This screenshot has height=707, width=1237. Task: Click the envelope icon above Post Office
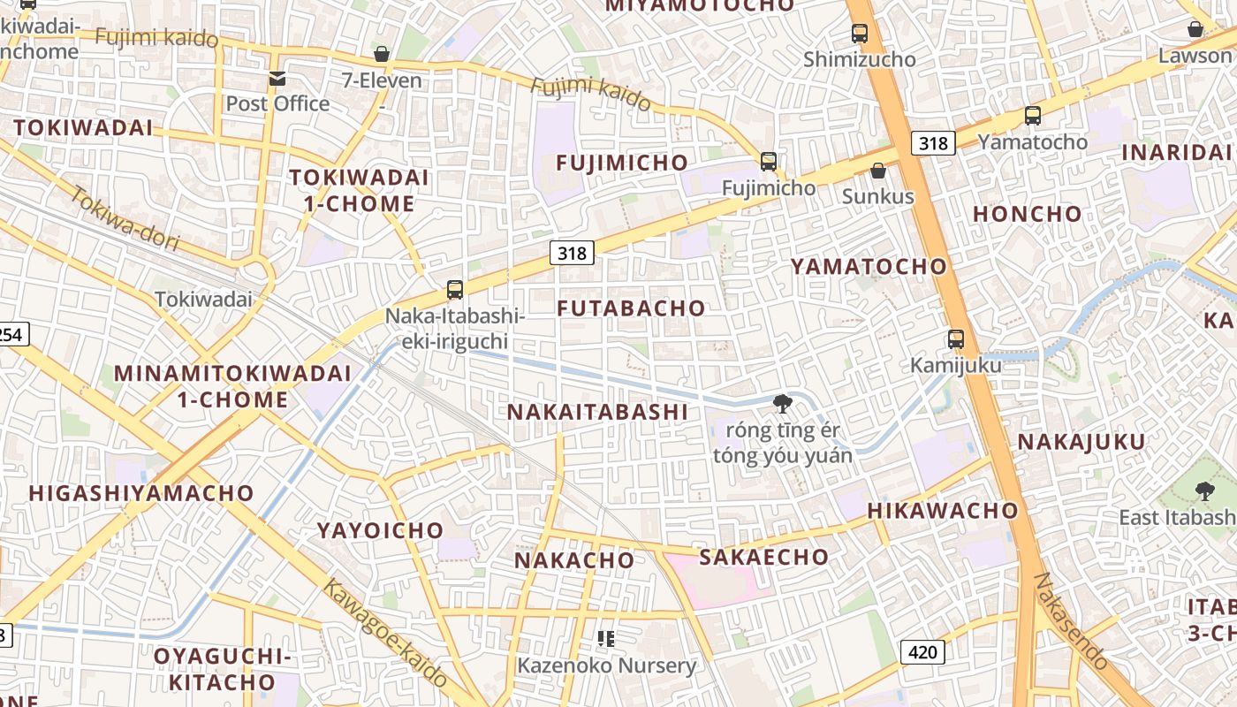click(x=277, y=79)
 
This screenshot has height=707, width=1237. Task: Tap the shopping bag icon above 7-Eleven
click(x=382, y=55)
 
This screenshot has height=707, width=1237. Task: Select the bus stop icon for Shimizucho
click(x=859, y=34)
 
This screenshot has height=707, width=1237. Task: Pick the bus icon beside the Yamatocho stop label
click(x=1032, y=116)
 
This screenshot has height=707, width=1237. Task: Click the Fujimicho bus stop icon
click(x=769, y=162)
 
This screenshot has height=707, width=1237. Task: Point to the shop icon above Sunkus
click(x=877, y=171)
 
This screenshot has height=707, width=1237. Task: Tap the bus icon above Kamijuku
click(x=955, y=338)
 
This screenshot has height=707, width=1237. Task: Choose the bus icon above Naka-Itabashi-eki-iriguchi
click(x=455, y=289)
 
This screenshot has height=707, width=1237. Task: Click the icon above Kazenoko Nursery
click(x=606, y=638)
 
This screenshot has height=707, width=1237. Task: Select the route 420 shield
click(x=923, y=652)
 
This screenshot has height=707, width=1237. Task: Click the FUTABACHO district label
click(x=632, y=308)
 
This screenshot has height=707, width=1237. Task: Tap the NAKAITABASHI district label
click(x=597, y=412)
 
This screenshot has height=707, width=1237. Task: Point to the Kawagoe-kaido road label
click(x=385, y=633)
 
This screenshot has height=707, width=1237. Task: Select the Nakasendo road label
click(x=1071, y=620)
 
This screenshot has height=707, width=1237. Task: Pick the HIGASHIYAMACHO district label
click(x=141, y=493)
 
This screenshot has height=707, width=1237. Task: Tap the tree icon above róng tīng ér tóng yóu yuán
click(x=782, y=405)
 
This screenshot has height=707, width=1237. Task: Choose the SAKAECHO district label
click(x=764, y=557)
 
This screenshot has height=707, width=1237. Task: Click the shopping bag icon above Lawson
click(x=1195, y=29)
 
